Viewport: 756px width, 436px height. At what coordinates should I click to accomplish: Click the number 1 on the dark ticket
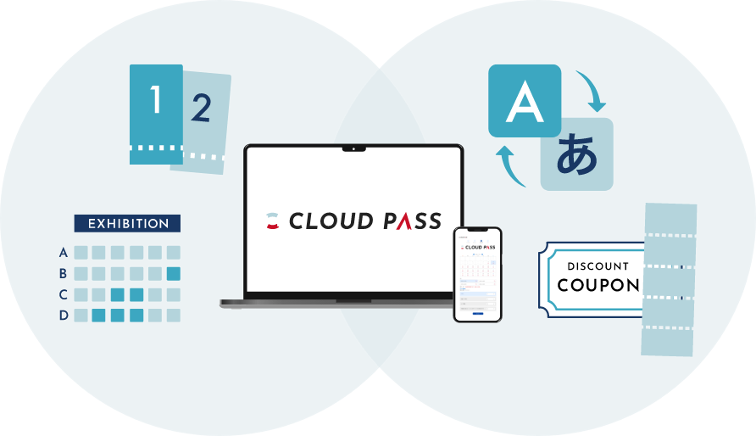(x=156, y=101)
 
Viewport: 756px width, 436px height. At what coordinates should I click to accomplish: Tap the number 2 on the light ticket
(x=201, y=109)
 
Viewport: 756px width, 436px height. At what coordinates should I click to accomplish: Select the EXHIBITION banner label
(x=128, y=224)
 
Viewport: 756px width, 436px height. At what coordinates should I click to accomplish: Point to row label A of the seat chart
(x=63, y=252)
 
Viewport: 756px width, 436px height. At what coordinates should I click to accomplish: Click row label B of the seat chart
(x=63, y=273)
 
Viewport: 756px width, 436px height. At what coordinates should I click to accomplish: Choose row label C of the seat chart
(x=63, y=294)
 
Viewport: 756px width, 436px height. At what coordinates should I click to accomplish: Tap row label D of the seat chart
(x=63, y=316)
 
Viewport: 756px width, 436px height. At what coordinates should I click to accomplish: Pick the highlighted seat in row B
(x=174, y=273)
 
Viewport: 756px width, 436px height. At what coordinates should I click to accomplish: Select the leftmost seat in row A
(x=81, y=252)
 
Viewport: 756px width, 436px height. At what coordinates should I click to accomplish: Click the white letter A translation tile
(x=524, y=101)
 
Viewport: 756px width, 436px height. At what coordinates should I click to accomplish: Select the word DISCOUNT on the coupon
(x=598, y=266)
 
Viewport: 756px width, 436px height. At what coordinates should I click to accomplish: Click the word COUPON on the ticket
(x=598, y=285)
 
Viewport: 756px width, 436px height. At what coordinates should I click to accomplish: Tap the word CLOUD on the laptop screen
(x=331, y=221)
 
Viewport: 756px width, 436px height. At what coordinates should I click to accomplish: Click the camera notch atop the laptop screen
(x=354, y=148)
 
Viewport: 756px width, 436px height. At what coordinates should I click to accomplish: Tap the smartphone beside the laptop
(x=477, y=274)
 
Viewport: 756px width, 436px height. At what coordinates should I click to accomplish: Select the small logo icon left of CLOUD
(x=272, y=221)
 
